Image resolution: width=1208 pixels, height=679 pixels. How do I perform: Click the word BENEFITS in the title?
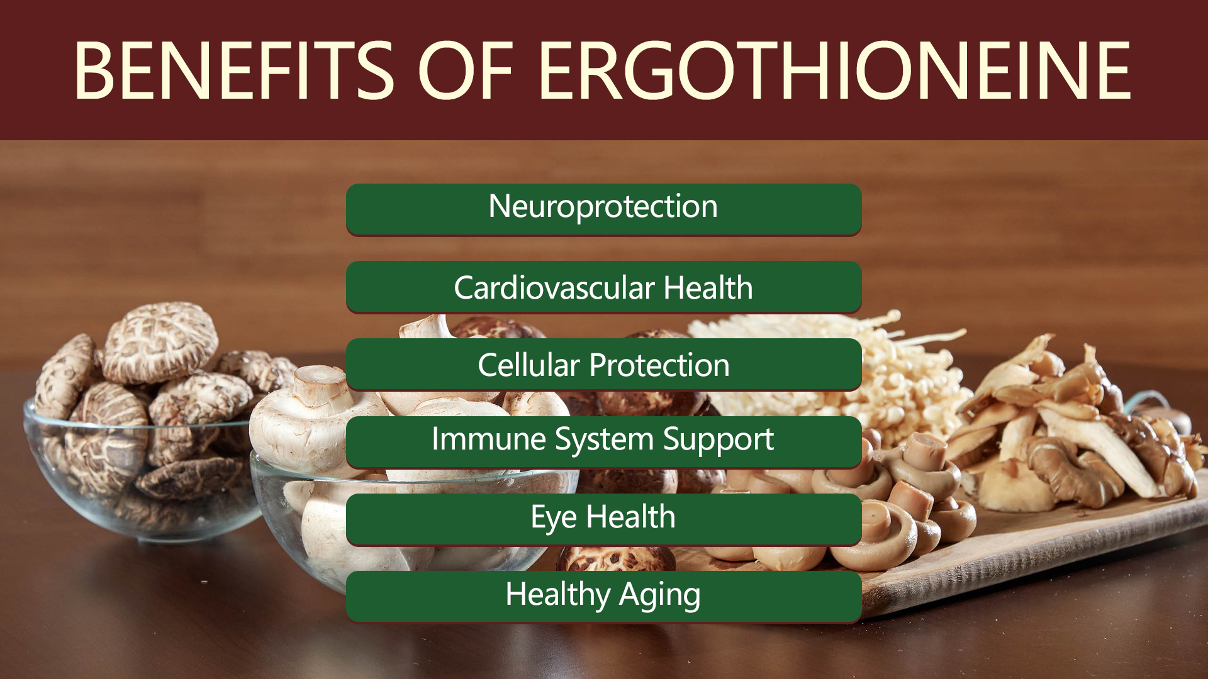tap(234, 70)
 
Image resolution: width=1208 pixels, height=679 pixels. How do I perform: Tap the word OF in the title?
tap(466, 70)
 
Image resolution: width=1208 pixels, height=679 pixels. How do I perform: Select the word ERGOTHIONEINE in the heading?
tap(835, 70)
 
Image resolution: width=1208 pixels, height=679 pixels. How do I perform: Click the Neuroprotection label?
tap(603, 207)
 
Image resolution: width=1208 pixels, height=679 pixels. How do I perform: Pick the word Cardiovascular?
tap(554, 288)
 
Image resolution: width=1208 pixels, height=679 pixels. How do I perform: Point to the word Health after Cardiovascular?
tap(708, 288)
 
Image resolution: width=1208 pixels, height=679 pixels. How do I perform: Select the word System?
tap(605, 439)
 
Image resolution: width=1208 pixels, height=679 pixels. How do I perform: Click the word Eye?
tap(554, 518)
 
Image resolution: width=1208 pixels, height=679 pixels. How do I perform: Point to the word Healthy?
tap(558, 595)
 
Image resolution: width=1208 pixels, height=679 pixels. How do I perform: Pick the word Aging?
tap(660, 595)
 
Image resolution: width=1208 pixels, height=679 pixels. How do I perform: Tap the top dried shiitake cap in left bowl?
tap(161, 341)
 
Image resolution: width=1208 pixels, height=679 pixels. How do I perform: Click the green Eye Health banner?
tap(603, 519)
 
